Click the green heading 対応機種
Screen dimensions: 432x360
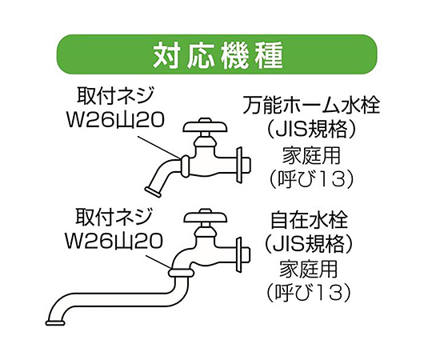pos(218,55)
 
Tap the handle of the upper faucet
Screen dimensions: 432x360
pos(206,126)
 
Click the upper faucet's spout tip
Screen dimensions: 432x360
pos(152,192)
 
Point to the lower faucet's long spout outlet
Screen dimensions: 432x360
pos(55,323)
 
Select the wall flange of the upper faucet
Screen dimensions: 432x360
pos(239,165)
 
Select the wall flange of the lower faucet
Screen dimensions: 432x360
pos(238,254)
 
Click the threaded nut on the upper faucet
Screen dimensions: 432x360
pos(185,166)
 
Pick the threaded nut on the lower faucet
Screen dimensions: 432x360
pos(182,273)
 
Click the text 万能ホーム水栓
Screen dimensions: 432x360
pos(311,106)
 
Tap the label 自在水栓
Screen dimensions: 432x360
pos(309,220)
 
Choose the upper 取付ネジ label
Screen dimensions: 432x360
pos(115,96)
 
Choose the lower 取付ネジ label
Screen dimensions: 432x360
pos(114,217)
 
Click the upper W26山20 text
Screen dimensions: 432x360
pos(115,120)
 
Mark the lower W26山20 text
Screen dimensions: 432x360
pos(114,242)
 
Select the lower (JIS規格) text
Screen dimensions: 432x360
pos(309,245)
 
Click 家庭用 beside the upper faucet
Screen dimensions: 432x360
pos(312,155)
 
